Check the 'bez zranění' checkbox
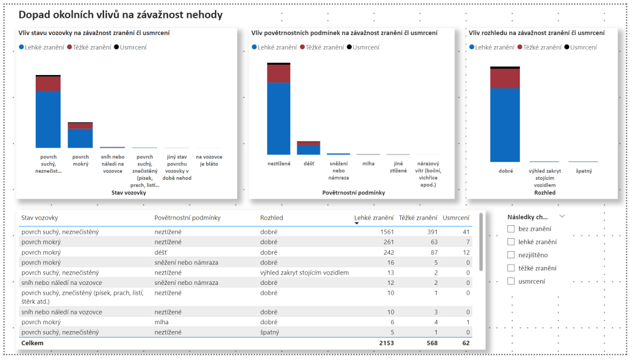511,229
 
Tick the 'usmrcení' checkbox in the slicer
511,281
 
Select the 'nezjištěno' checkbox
511,255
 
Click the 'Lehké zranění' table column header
374,217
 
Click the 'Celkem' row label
32,343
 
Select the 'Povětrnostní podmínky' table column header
187,217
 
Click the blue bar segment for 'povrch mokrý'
80,138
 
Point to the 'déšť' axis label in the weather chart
309,164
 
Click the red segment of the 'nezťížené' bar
278,73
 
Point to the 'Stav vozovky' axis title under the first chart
129,193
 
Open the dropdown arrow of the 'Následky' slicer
562,217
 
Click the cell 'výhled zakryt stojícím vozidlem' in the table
304,273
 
